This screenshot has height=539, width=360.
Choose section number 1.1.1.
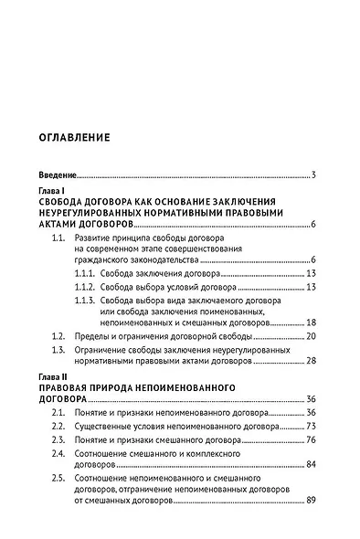pyautogui.click(x=86, y=273)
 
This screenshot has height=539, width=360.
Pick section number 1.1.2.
pyautogui.click(x=86, y=287)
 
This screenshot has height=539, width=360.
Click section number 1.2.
pyautogui.click(x=58, y=336)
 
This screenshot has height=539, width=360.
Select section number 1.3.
pyautogui.click(x=58, y=349)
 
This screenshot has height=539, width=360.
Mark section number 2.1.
pyautogui.click(x=58, y=413)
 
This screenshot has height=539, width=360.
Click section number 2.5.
pyautogui.click(x=58, y=478)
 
